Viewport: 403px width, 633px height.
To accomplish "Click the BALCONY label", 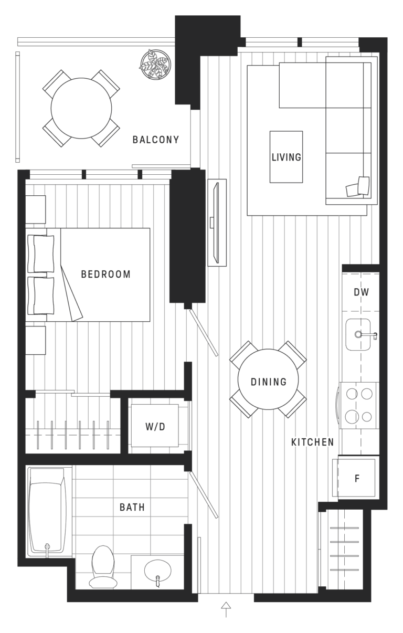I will coord(155,140).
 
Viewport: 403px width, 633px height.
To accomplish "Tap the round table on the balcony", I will coord(81,108).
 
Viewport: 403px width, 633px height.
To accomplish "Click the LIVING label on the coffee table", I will coord(286,157).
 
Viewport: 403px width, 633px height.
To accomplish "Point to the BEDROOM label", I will coord(105,274).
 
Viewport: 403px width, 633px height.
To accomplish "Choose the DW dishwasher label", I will coord(360,292).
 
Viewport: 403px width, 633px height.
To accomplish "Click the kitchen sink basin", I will coord(359,335).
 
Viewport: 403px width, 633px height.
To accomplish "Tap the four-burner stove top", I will coord(359,403).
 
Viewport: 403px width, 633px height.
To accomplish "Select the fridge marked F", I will coord(357,478).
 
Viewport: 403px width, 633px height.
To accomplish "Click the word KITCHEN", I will coord(312,442).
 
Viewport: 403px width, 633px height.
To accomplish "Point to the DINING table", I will coord(268,382).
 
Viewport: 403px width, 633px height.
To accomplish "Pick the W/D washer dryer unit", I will coord(155,426).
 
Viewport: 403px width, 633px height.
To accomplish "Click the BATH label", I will coord(132,507).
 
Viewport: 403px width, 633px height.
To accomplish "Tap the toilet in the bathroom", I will coord(102,565).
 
